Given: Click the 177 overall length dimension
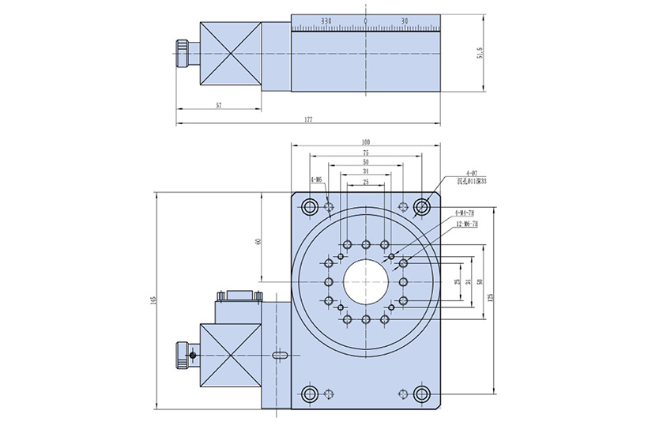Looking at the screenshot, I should click(308, 119).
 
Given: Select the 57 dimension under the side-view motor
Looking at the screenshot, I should click(218, 104).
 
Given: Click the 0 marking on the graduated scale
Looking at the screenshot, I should click(365, 20).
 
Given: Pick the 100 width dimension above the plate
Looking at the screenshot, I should click(365, 141).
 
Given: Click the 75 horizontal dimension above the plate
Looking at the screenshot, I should click(365, 152).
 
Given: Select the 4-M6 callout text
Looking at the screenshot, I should click(316, 180).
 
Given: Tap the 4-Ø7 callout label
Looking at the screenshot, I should click(472, 172).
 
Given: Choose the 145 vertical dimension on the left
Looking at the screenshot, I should click(153, 300).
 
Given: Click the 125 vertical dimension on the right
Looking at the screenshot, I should click(491, 300).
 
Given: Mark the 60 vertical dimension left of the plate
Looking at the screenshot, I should click(259, 241).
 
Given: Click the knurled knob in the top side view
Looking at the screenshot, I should click(183, 53).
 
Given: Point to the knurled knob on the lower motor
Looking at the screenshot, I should click(183, 355).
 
